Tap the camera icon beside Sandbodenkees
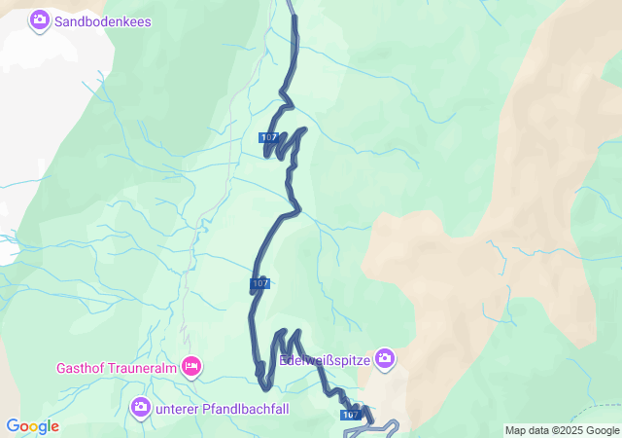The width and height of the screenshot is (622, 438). tap(40, 19)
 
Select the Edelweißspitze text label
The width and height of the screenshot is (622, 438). tap(325, 360)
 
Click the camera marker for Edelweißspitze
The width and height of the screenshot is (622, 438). tap(385, 359)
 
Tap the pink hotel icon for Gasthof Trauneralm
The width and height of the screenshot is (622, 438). tap(191, 366)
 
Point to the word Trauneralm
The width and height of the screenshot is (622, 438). tap(144, 368)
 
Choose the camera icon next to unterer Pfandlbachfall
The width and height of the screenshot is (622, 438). tap(141, 405)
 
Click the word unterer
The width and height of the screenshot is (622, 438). tap(178, 406)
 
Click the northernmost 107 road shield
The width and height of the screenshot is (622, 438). tap(269, 137)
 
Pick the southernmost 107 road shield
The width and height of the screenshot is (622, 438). tap(352, 415)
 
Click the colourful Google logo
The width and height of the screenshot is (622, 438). tap(32, 426)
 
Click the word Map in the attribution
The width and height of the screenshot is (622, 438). tap(516, 430)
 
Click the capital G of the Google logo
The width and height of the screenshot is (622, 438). tap(13, 426)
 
